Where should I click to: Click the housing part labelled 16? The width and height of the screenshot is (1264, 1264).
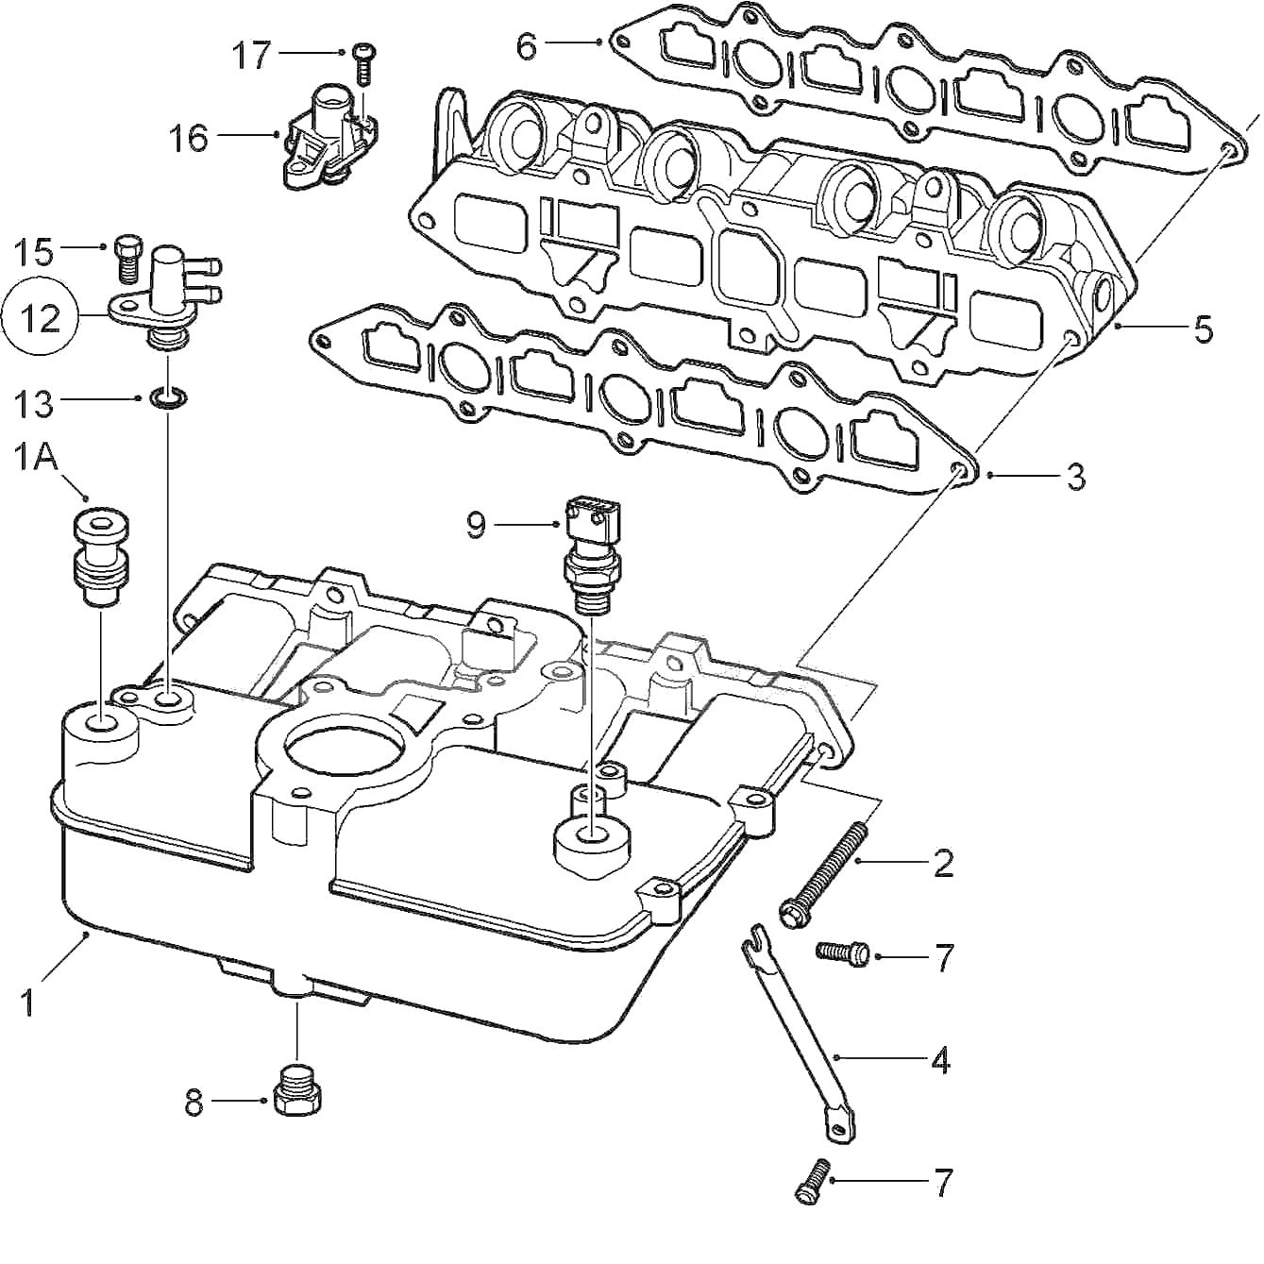tap(324, 137)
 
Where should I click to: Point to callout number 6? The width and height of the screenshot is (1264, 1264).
tap(527, 44)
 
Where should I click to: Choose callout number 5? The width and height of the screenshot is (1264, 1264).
tap(1203, 329)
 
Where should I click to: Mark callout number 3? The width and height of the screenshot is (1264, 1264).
tap(1075, 477)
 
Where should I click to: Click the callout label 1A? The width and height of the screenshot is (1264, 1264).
tap(36, 460)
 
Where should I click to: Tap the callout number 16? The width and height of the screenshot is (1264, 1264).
tap(188, 138)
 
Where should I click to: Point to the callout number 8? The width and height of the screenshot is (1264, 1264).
tap(194, 1103)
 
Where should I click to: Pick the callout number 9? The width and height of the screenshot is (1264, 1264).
tap(477, 525)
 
